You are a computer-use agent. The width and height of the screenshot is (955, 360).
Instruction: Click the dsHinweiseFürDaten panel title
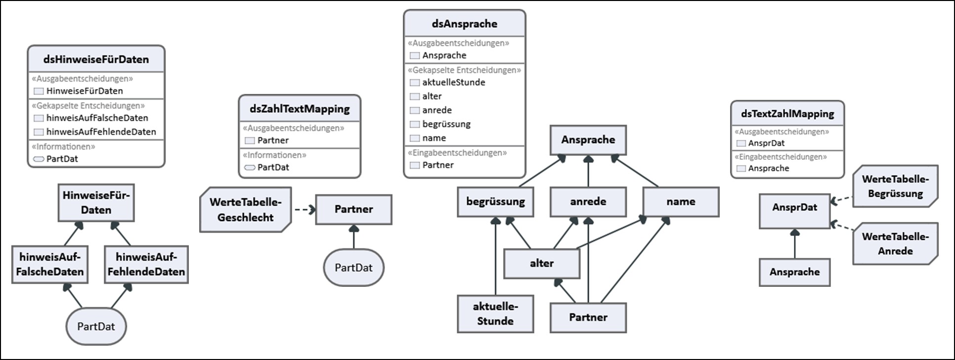[x=96, y=59]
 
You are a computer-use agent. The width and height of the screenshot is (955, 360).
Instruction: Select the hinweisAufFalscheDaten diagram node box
[x=50, y=264]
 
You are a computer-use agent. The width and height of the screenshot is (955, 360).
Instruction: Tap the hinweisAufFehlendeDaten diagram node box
[x=146, y=264]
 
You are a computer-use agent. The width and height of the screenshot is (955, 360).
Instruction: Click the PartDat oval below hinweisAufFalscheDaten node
[x=96, y=326]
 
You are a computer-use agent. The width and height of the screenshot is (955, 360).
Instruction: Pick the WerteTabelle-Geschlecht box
[x=245, y=210]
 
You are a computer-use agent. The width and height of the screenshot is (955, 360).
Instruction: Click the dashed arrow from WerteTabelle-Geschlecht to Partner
[x=304, y=210]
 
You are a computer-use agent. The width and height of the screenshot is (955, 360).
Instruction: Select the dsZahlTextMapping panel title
[x=300, y=109]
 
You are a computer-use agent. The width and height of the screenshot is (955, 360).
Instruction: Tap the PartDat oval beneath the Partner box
[x=353, y=268]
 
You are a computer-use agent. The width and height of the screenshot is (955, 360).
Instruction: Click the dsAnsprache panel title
[x=465, y=24]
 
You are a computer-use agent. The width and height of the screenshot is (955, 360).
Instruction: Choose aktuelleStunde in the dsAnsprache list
[x=453, y=83]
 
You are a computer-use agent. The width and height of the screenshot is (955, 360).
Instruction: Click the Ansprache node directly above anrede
[x=588, y=140]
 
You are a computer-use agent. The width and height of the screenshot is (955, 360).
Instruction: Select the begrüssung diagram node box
[x=495, y=202]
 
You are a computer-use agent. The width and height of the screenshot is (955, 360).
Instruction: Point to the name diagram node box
[x=681, y=202]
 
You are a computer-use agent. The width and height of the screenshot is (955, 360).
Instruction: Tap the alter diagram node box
[x=542, y=264]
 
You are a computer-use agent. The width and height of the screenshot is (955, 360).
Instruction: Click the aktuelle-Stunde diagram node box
[x=495, y=314]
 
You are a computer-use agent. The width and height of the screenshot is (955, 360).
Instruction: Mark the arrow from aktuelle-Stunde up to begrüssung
[x=495, y=257]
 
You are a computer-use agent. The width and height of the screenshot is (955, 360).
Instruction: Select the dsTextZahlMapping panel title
[x=787, y=114]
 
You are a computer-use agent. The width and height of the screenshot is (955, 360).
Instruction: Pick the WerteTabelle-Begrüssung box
[x=895, y=186]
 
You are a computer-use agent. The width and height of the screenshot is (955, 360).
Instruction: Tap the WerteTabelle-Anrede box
[x=895, y=244]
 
